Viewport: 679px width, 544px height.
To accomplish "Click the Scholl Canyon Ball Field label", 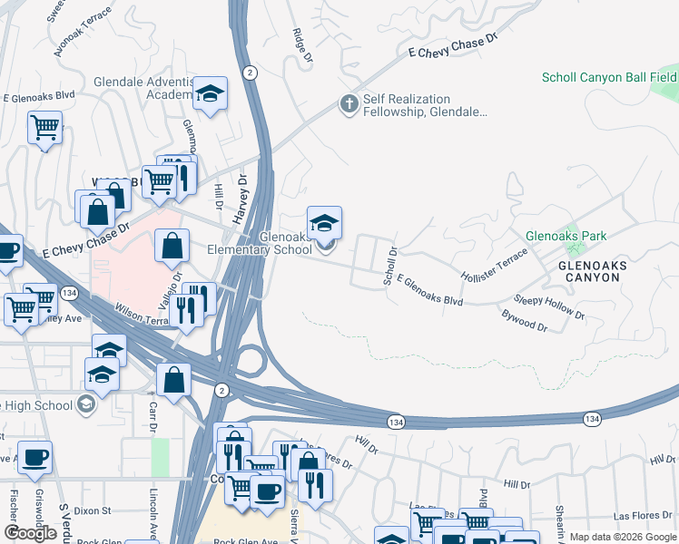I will click(609, 77).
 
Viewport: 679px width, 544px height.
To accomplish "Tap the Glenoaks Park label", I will click(566, 236).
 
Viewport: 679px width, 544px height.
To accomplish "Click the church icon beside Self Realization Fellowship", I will click(348, 103).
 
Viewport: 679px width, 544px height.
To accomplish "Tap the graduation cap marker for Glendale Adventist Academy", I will click(211, 94).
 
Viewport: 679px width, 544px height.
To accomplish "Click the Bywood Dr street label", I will click(524, 320).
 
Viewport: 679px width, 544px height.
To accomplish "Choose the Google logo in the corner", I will click(30, 533).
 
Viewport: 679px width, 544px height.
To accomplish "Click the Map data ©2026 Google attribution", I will click(622, 537).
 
